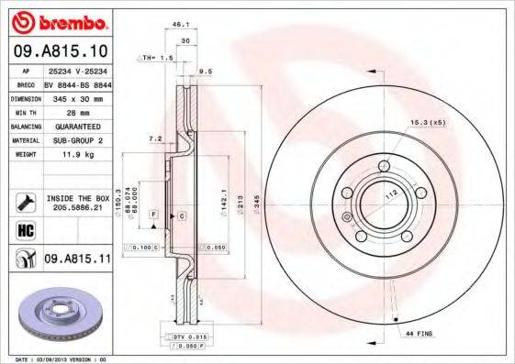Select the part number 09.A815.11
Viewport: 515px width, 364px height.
point(77,259)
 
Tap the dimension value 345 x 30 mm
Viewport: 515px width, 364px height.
point(75,97)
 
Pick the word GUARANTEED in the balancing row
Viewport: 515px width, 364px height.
point(75,126)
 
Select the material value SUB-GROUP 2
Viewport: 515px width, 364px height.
point(75,140)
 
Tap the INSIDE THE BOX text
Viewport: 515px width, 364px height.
point(77,198)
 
